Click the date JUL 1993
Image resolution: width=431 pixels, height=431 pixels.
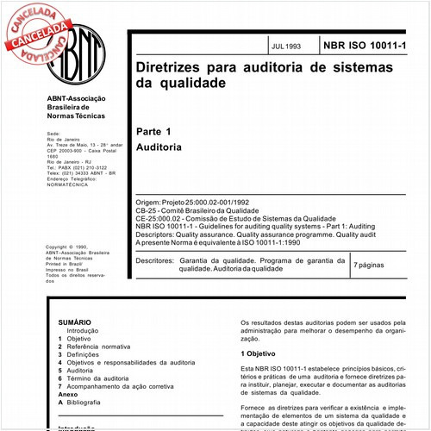pos(284,44)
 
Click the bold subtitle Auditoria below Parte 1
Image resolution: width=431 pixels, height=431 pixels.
pos(159,147)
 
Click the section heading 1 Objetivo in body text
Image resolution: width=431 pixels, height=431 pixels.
pos(258,354)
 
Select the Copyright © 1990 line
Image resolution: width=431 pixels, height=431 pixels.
pos(68,247)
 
